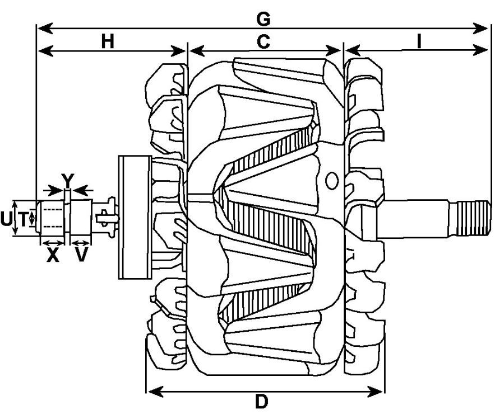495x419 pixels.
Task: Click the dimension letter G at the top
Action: [x=263, y=19]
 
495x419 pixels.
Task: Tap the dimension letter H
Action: [x=108, y=41]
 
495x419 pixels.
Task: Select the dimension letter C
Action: [x=263, y=41]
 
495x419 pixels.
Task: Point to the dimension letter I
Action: [x=419, y=41]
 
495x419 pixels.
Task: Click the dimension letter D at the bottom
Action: [x=262, y=402]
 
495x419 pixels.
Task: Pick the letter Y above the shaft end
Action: [x=68, y=181]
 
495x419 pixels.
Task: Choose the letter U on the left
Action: [x=6, y=219]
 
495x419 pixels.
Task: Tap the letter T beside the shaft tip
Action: [x=23, y=219]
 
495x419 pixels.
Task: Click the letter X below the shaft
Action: [x=53, y=255]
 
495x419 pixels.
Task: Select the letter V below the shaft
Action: [x=81, y=255]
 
